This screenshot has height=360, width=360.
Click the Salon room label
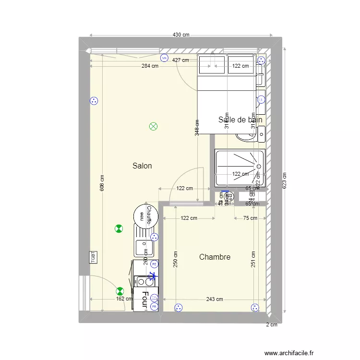[x=142, y=166]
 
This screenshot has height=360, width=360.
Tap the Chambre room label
[x=215, y=257]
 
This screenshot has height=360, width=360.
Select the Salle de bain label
[x=240, y=120]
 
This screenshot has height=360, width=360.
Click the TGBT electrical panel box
[x=93, y=257]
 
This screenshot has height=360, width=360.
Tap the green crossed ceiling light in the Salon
[x=154, y=127]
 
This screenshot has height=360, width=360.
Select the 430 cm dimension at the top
[x=181, y=35]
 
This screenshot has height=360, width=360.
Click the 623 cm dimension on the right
[x=285, y=181]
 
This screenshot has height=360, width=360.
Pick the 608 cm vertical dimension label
[x=102, y=183]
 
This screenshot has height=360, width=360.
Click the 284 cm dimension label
[x=149, y=66]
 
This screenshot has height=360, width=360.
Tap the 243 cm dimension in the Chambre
[x=215, y=300]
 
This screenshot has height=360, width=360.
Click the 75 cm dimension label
[x=250, y=218]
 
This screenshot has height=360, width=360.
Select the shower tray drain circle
[x=259, y=167]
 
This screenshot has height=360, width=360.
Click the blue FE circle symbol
[x=154, y=264]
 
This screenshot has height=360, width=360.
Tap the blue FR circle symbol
[x=154, y=306]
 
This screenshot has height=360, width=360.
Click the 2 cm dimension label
[x=272, y=324]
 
